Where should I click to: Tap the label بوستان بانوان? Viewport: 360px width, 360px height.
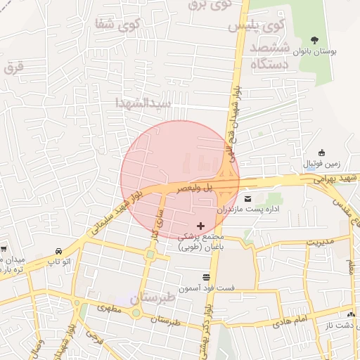pyautogui.click(x=333, y=53)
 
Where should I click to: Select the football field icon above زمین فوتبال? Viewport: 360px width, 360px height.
pyautogui.click(x=321, y=153)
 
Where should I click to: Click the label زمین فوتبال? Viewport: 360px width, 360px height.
pyautogui.click(x=321, y=164)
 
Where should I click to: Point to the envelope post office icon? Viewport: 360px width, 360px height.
pyautogui.click(x=247, y=198)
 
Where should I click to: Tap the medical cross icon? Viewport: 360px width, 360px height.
pyautogui.click(x=200, y=226)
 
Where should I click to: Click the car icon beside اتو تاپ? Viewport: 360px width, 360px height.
pyautogui.click(x=58, y=250)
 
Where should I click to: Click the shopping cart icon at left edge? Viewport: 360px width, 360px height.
pyautogui.click(x=4, y=248)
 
